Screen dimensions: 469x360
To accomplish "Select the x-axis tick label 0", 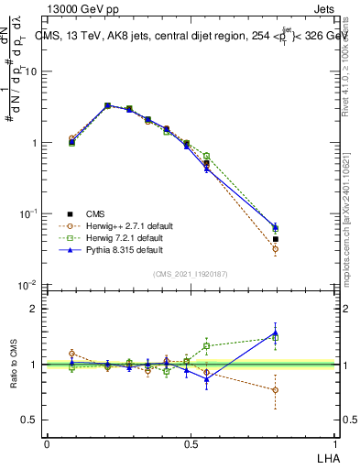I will (47, 444).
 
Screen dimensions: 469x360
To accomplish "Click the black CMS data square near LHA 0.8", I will (276, 239).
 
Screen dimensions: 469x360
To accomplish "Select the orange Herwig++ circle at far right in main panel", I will (276, 249).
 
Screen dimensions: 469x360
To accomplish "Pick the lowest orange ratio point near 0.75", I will (276, 389).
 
